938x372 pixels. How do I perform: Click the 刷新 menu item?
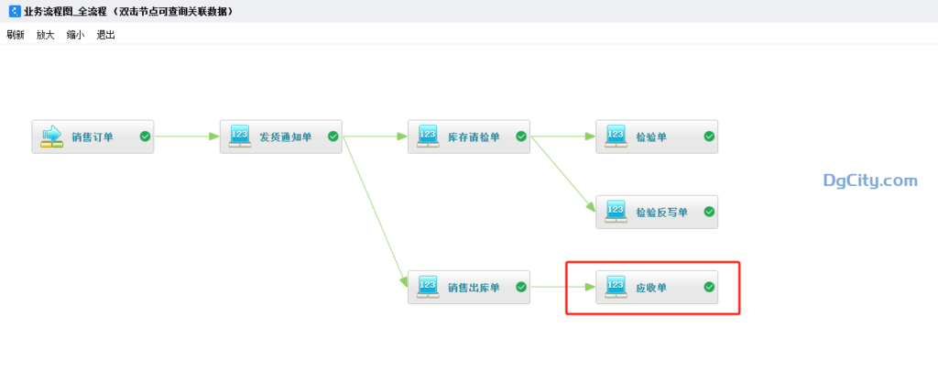(15, 35)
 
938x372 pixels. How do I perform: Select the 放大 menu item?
(45, 35)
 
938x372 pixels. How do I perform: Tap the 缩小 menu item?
(75, 35)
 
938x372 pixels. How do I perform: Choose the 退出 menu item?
(105, 35)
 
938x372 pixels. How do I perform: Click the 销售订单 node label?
(93, 137)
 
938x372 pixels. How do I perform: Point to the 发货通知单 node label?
(285, 137)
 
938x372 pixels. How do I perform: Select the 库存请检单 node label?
(474, 137)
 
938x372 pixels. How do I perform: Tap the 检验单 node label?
(651, 137)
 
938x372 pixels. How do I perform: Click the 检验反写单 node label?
(661, 213)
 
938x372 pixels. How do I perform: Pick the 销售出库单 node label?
(474, 288)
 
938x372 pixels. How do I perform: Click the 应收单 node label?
(651, 288)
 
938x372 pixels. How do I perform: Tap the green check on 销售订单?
(145, 137)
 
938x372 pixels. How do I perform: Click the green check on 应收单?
(709, 287)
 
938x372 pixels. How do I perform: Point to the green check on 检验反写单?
(709, 212)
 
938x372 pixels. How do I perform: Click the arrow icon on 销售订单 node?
(52, 137)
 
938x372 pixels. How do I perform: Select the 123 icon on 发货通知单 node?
(240, 137)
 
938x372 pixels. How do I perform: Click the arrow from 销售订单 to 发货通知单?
(187, 137)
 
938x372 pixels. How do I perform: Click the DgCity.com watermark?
(869, 181)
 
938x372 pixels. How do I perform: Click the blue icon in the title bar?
(14, 11)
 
